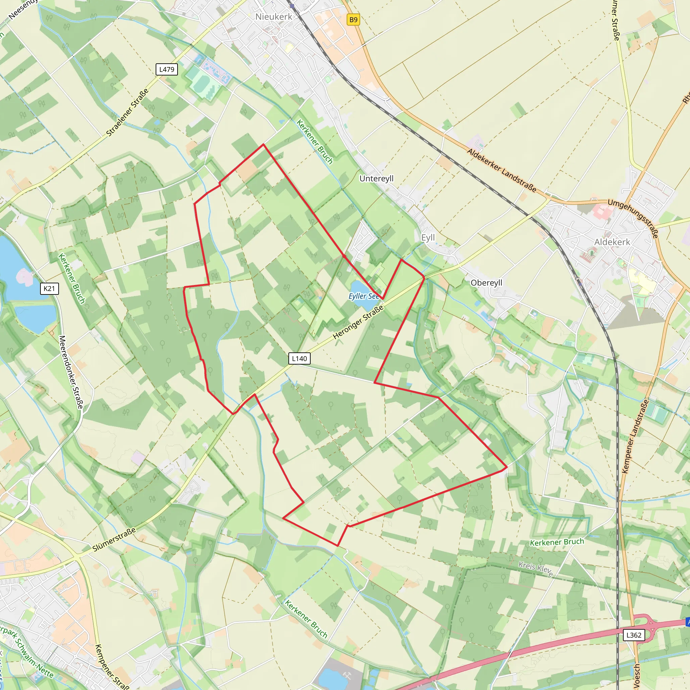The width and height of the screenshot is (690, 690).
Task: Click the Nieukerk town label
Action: pyautogui.click(x=274, y=17)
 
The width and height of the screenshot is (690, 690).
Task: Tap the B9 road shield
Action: pyautogui.click(x=353, y=20)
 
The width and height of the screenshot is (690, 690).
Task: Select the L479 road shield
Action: pyautogui.click(x=167, y=69)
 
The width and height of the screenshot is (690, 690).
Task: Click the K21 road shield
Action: pyautogui.click(x=49, y=289)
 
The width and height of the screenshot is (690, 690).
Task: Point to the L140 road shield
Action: pyautogui.click(x=299, y=358)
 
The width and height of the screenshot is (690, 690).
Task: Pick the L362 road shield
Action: pyautogui.click(x=634, y=635)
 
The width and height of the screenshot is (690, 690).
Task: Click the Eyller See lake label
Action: pyautogui.click(x=364, y=296)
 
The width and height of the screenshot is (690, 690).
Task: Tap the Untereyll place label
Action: pyautogui.click(x=376, y=178)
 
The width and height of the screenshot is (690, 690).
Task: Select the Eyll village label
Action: pyautogui.click(x=428, y=238)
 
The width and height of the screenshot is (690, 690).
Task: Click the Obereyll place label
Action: pyautogui.click(x=487, y=282)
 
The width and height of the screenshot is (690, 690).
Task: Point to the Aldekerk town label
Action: pyautogui.click(x=612, y=242)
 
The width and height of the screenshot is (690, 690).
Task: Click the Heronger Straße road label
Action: pyautogui.click(x=358, y=322)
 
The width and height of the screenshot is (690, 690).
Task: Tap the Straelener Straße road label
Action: pyautogui.click(x=127, y=113)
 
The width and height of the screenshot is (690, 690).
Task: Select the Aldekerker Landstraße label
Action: pyautogui.click(x=502, y=170)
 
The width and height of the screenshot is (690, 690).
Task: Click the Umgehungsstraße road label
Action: pyautogui.click(x=633, y=218)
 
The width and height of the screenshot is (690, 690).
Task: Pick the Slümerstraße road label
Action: pyautogui.click(x=114, y=539)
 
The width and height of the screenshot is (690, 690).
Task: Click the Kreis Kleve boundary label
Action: pyautogui.click(x=536, y=569)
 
